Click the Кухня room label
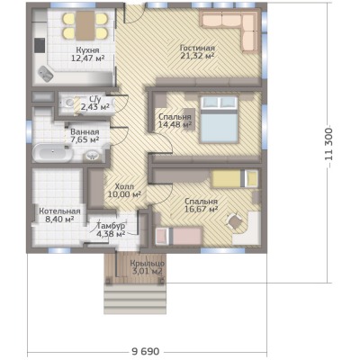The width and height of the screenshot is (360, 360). (x=87, y=49)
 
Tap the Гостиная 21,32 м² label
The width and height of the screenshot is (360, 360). (x=197, y=51)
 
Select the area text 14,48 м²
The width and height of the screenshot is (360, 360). (x=175, y=124)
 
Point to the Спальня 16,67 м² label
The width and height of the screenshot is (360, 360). (x=201, y=205)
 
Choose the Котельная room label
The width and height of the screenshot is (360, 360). (x=59, y=211)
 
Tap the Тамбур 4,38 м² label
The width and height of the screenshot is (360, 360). (x=112, y=229)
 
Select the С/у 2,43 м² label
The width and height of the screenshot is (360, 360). (x=94, y=103)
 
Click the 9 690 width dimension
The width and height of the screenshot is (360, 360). (x=145, y=351)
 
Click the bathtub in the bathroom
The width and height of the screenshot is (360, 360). (x=52, y=153)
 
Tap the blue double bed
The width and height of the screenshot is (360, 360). (x=219, y=119)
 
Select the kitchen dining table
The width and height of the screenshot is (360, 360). (x=85, y=25)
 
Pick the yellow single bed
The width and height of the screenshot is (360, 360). (x=235, y=179)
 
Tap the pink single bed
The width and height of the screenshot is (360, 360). (x=178, y=236)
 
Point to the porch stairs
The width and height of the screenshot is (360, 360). (x=135, y=299)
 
